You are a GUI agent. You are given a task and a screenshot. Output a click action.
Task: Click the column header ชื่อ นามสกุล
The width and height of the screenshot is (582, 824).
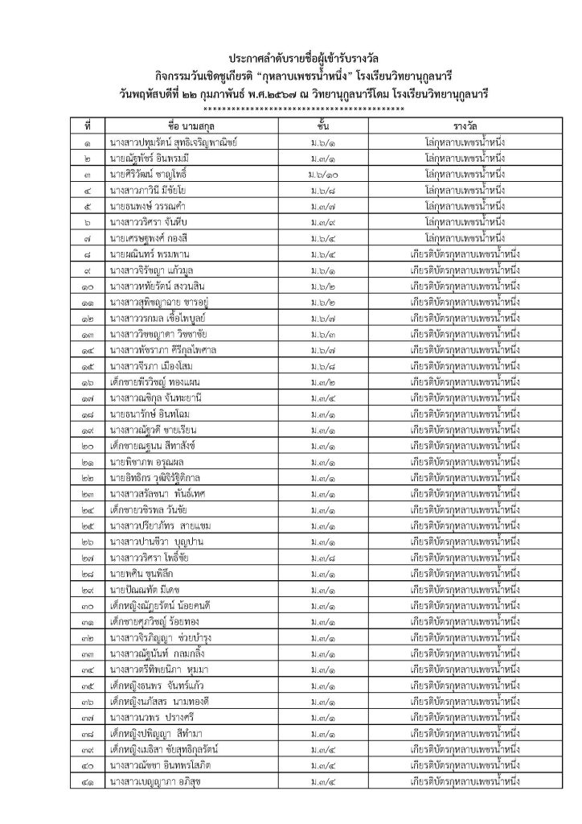(190, 126)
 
